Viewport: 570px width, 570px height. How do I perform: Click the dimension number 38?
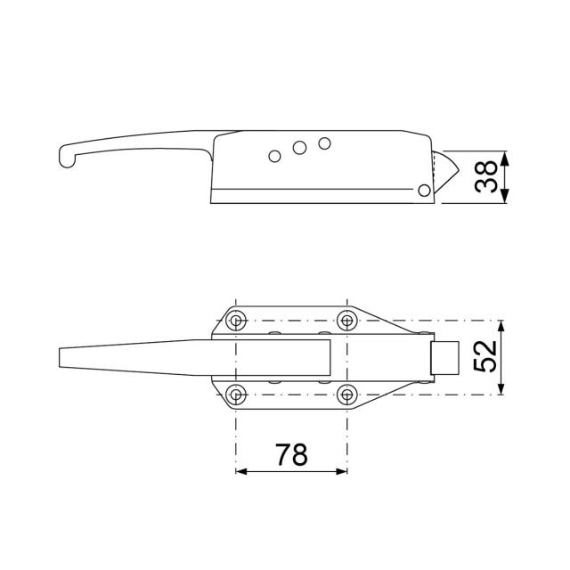pos(486,177)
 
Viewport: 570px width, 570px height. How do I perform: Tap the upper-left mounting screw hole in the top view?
pos(236,321)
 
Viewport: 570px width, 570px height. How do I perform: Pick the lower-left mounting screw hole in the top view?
pos(236,394)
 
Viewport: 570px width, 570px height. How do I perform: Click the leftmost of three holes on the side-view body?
pos(275,157)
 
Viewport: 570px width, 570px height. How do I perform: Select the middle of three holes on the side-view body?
pos(301,148)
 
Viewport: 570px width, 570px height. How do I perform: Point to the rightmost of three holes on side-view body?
pos(324,142)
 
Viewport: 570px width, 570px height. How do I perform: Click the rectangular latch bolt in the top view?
pos(444,357)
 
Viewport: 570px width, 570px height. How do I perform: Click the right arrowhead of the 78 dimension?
pos(344,471)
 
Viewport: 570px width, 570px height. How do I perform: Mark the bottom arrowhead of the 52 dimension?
pos(505,388)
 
